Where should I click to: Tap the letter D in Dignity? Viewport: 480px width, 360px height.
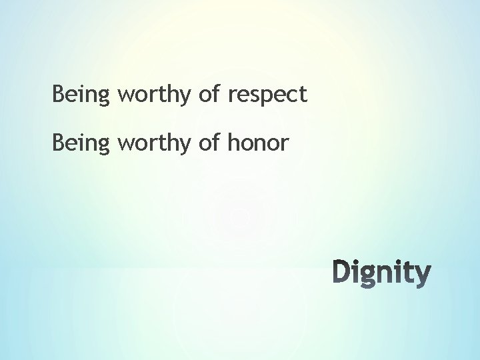342,273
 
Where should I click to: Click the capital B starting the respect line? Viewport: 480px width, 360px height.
58,94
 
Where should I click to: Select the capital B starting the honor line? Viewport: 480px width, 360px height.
58,141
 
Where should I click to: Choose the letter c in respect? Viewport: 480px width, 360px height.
291,96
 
